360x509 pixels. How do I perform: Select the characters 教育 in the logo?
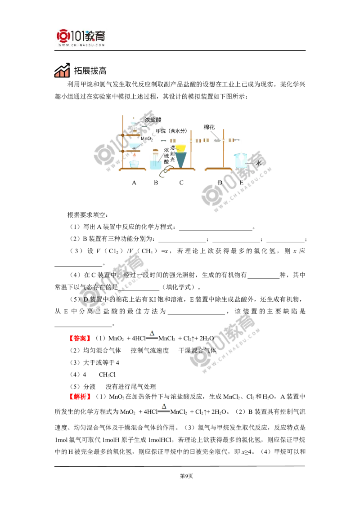click(x=96, y=35)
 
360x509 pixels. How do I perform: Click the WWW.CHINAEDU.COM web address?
click(x=81, y=45)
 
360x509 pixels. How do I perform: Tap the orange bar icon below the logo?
click(x=61, y=73)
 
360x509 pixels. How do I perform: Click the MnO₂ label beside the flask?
click(x=148, y=139)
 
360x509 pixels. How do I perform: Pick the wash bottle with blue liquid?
click(x=155, y=163)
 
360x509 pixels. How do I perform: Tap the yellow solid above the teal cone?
click(x=181, y=147)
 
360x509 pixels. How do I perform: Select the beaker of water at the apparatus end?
click(x=241, y=161)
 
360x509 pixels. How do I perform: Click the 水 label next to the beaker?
click(x=258, y=163)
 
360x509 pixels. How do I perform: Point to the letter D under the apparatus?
click(x=219, y=183)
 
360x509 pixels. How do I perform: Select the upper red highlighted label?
click(x=81, y=338)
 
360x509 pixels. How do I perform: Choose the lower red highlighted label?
click(x=81, y=397)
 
